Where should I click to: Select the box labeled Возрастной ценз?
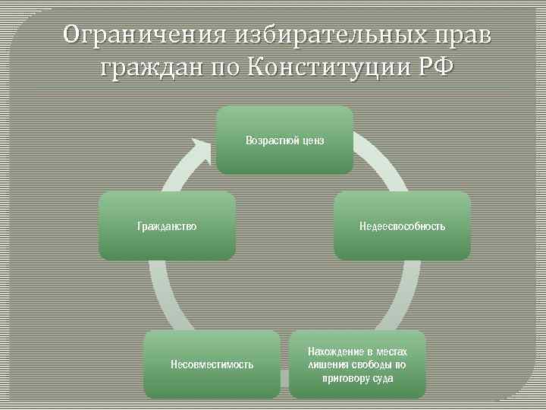(x=284, y=140)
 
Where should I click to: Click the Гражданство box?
(x=167, y=225)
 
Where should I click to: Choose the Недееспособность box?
(x=402, y=225)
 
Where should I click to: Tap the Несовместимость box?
(x=212, y=364)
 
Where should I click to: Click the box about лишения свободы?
(x=357, y=364)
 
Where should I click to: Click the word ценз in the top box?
(x=312, y=140)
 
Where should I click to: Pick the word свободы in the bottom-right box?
(x=368, y=364)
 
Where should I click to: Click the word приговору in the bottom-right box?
(x=346, y=378)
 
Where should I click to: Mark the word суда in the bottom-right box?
(x=382, y=378)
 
